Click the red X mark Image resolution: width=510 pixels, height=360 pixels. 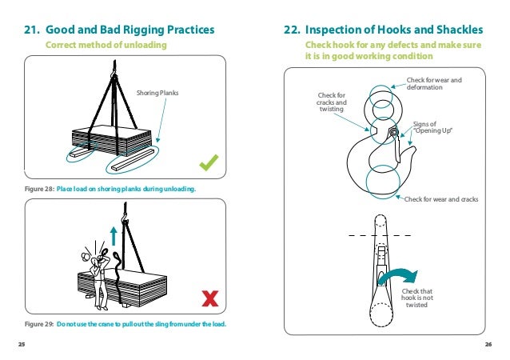coord(210,298)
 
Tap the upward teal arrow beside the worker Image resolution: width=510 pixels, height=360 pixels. coord(114,234)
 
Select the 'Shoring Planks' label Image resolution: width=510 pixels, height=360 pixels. coord(158,93)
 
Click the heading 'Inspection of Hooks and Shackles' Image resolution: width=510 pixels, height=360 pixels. coord(383,30)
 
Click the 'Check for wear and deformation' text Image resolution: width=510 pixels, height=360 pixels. coord(434,83)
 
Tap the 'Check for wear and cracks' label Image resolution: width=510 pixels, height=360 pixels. coord(441,198)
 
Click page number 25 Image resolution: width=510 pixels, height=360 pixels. coord(22,344)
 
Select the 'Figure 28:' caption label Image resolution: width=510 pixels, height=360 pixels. coord(39,189)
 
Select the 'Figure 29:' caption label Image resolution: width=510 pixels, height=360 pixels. coord(39,324)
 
